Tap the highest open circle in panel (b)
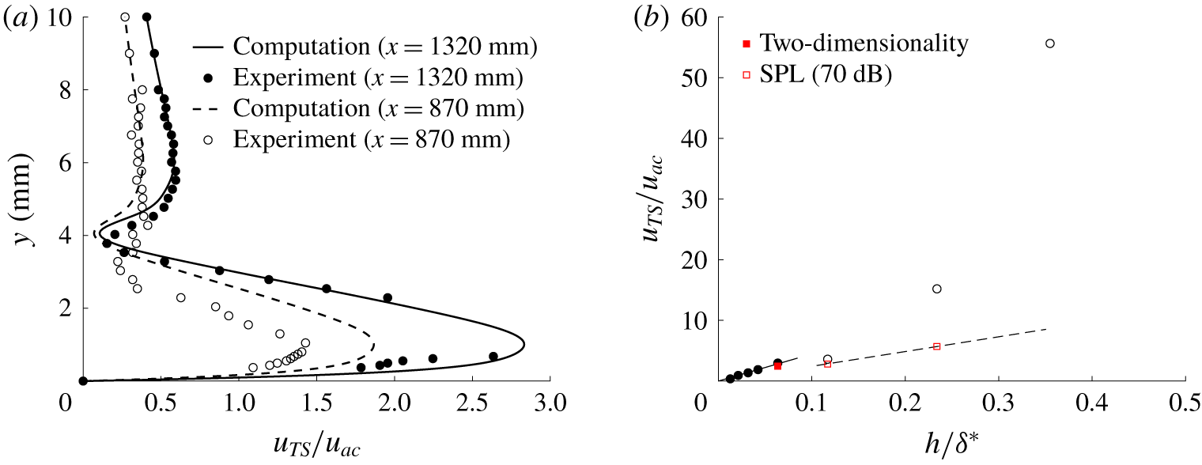[x=1050, y=43]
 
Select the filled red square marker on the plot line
[x=778, y=366]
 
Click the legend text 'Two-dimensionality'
[x=863, y=43]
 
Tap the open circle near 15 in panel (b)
[x=937, y=289]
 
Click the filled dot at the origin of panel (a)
[x=83, y=380]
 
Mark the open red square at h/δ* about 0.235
[x=937, y=346]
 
